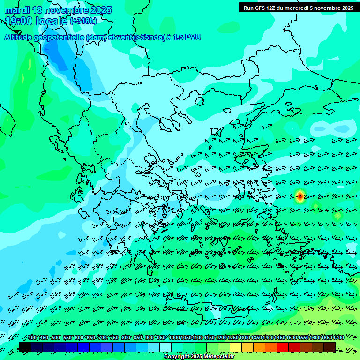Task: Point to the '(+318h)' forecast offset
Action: (x=83, y=21)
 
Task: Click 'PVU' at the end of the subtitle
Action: (x=193, y=37)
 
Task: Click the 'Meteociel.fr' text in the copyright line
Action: (x=217, y=357)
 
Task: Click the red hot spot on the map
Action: (x=300, y=197)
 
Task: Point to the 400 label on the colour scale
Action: (x=32, y=338)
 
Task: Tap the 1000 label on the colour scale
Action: (x=174, y=338)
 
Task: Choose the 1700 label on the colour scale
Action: (x=338, y=338)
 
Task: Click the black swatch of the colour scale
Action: (x=25, y=347)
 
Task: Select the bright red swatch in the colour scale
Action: (x=283, y=347)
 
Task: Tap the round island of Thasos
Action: (x=199, y=101)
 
